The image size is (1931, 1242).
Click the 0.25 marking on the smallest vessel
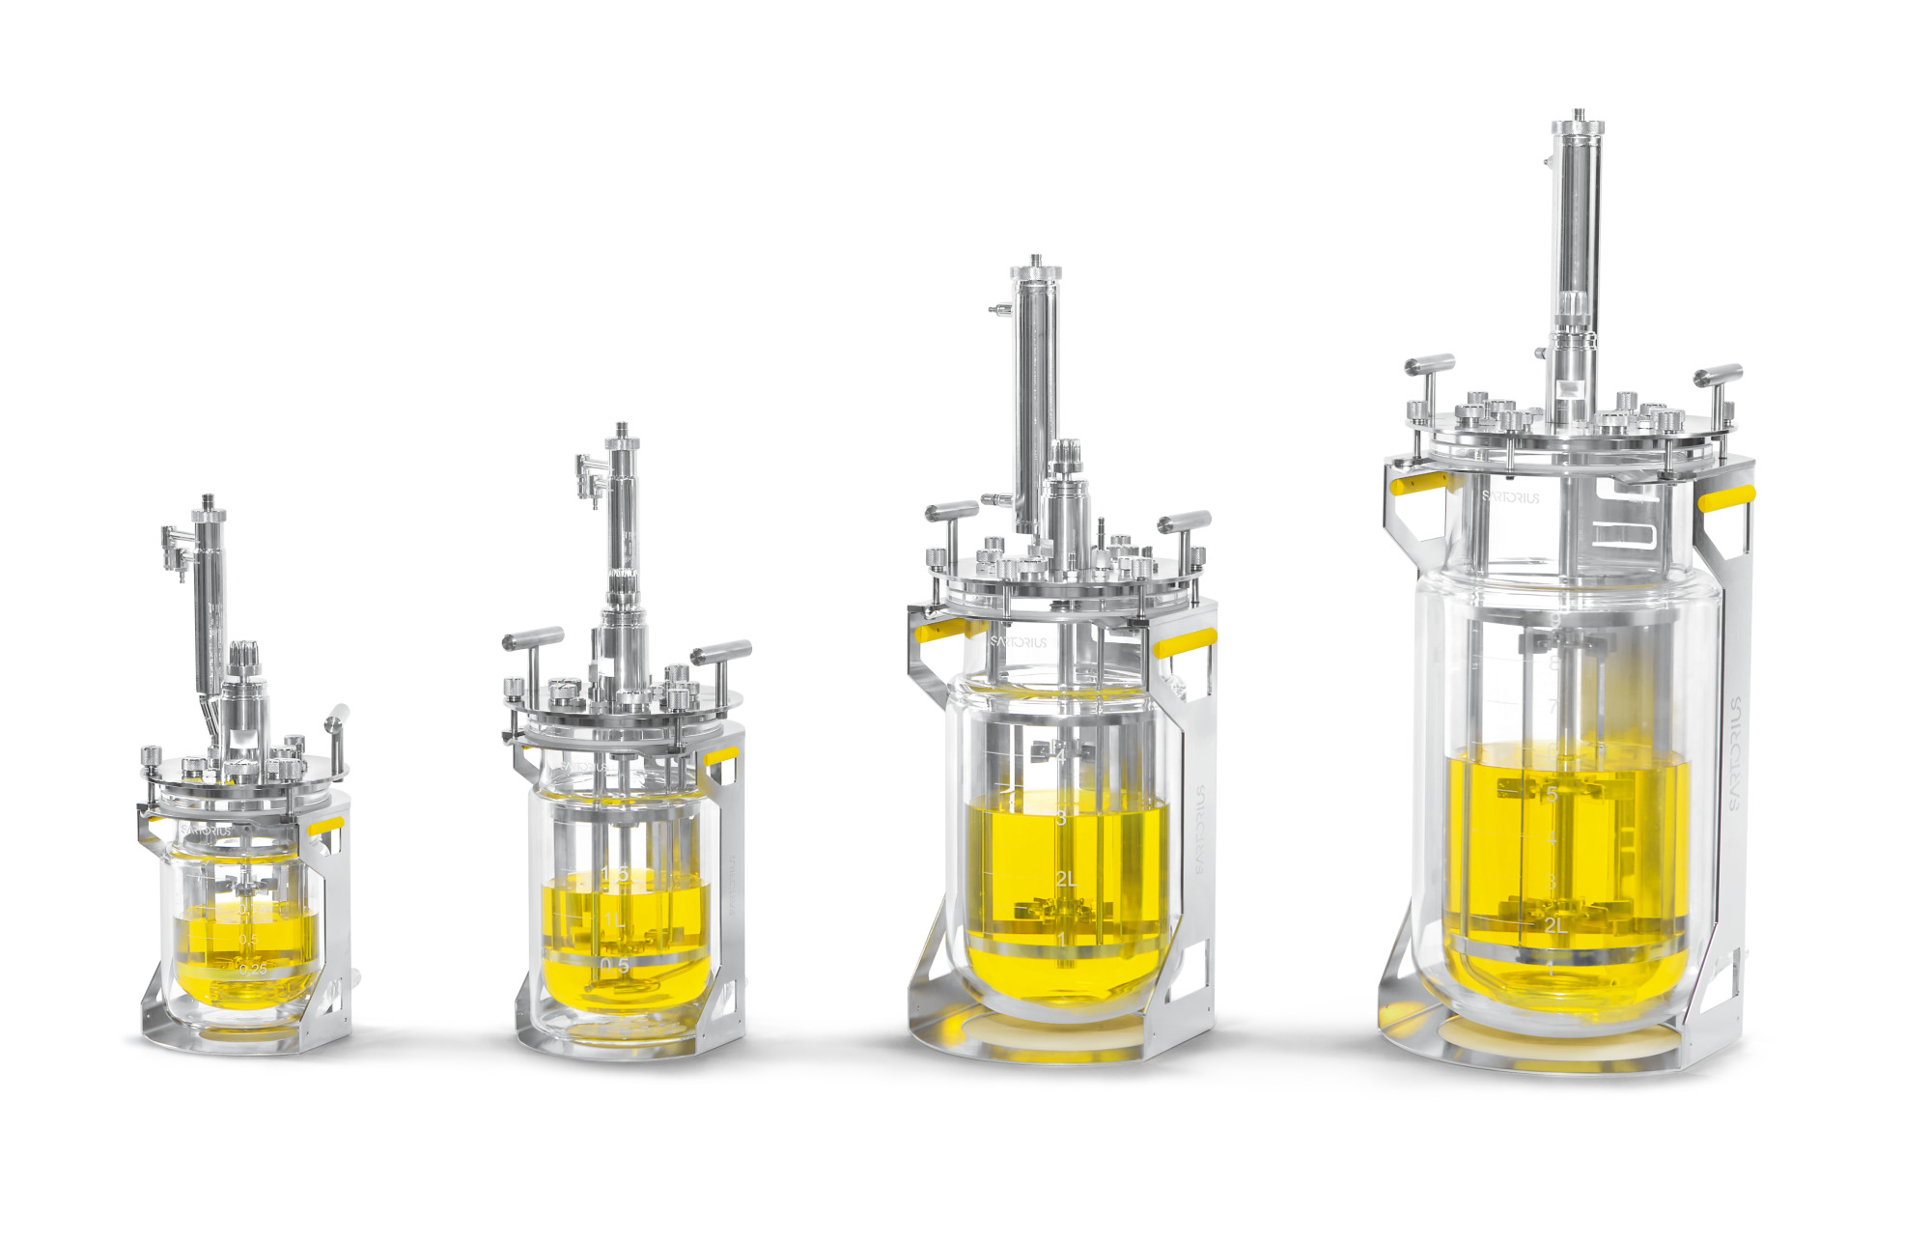[252, 969]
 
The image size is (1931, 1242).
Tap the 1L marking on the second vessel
[614, 920]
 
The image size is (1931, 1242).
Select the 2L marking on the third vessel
[1065, 879]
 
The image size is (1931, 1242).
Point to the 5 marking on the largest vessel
[1553, 795]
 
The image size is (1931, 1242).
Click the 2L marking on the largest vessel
[1554, 925]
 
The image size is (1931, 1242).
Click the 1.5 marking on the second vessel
[615, 874]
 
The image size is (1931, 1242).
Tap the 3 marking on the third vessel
[1061, 818]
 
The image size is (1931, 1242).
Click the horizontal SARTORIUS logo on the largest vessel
[1511, 497]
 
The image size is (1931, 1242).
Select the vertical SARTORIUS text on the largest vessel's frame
[1735, 753]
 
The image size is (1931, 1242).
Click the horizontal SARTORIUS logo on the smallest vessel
[206, 830]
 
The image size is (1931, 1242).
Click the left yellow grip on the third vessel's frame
[938, 632]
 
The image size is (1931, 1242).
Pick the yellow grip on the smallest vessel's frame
[325, 826]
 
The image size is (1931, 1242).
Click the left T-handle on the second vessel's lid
[533, 639]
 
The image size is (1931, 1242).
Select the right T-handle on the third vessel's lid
[1185, 522]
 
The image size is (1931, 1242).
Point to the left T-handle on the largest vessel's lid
[1429, 365]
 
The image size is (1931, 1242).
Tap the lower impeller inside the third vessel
[1058, 910]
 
